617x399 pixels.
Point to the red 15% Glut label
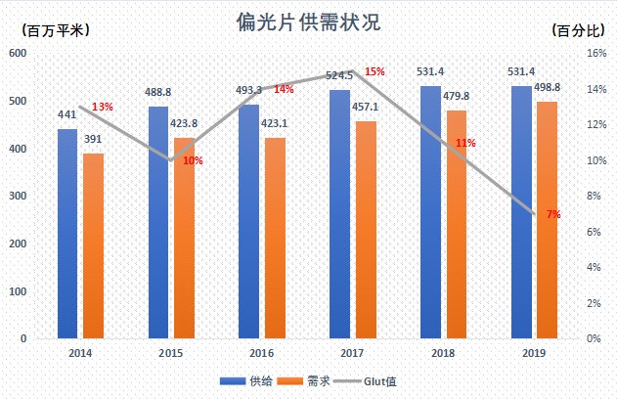click(375, 72)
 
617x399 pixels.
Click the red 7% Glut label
click(553, 214)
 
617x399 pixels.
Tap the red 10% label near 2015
click(193, 160)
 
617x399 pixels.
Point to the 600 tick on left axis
click(18, 53)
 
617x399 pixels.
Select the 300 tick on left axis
click(18, 196)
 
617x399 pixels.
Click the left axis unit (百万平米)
click(55, 29)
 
